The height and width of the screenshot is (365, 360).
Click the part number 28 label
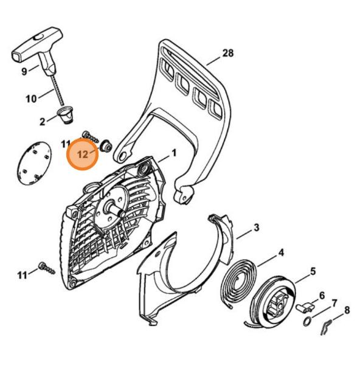pos(228,54)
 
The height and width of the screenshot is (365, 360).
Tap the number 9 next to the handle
pos(24,71)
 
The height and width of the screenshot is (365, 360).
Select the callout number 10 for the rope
pos(31,99)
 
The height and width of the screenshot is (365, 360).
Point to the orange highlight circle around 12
pos(83,155)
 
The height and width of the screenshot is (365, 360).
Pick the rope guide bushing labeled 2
pos(66,114)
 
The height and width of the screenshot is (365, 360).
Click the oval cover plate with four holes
pos(34,163)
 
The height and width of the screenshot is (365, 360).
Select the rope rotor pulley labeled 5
pos(274,302)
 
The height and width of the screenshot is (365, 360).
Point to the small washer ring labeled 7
pos(308,322)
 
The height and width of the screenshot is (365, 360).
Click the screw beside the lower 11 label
pos(47,268)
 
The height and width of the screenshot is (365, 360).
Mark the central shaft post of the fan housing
pos(115,209)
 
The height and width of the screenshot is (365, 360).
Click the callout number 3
pos(256,228)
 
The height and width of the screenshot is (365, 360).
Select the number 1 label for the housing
pos(173,153)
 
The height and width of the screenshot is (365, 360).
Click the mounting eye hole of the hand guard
pos(125,155)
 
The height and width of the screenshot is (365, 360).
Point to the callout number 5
pos(313,271)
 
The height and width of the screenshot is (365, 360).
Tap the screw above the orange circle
pos(90,137)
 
